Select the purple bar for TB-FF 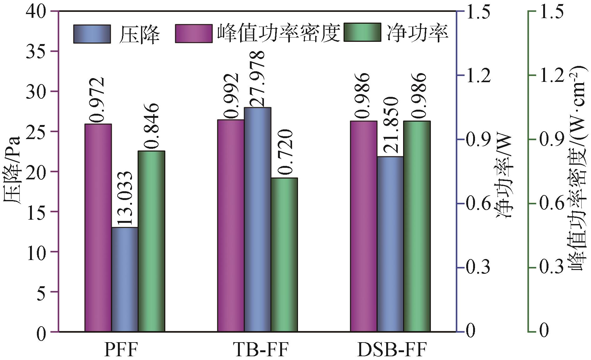(231, 225)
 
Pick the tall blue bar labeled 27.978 (257, 219)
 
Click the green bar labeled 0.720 (284, 254)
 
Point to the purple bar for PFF (98, 227)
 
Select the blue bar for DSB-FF (390, 244)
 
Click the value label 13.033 (125, 199)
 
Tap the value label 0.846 (151, 127)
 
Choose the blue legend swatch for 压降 (92, 34)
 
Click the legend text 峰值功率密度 (278, 33)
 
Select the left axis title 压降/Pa (13, 170)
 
